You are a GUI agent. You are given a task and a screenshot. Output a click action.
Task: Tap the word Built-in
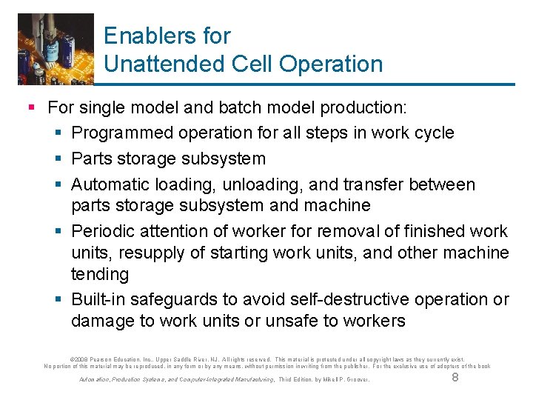click(98, 299)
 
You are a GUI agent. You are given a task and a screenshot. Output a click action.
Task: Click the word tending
click(100, 275)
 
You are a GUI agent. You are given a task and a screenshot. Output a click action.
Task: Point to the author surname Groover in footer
click(355, 380)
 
